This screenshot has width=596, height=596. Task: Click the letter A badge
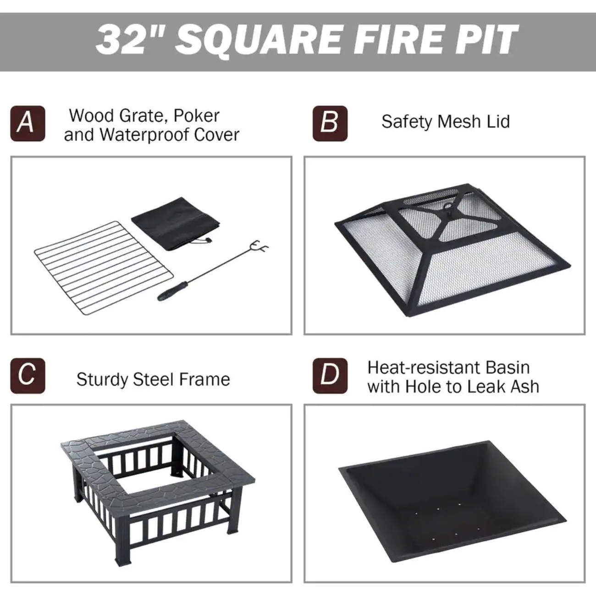coord(28,123)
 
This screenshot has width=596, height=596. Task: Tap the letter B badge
coord(330,123)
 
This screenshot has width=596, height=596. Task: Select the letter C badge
coord(28,376)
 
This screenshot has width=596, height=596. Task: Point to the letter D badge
coord(330,376)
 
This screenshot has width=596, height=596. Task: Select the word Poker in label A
coord(196,116)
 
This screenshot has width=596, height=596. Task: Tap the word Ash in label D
coord(526,386)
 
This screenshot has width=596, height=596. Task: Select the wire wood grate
coord(103,268)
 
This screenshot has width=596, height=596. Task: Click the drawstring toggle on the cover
coord(208,240)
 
